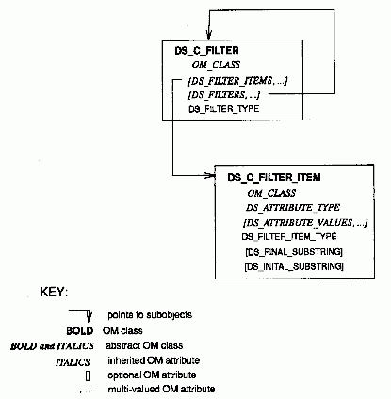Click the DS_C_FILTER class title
coord(206,51)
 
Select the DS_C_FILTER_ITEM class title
coord(274,177)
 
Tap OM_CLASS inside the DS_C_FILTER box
coord(216,65)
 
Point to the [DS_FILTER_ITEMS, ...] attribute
coord(237,81)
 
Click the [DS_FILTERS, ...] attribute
coord(224,95)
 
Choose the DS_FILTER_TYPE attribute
coord(224,109)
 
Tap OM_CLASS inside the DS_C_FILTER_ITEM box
coord(271,193)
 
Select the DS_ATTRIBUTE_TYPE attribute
coord(293,208)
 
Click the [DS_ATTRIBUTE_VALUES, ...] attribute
coord(305,223)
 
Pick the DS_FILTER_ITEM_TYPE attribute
coord(289,236)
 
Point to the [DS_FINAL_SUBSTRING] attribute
coord(294,252)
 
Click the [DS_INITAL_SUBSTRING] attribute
coord(294,266)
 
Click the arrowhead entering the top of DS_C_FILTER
coord(209,35)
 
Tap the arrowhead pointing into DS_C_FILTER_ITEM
coord(210,175)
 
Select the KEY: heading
coord(54,292)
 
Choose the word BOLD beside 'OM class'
coord(80,331)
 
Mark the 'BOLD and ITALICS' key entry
coord(52,346)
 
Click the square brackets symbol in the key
coord(88,375)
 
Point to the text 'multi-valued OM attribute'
coord(161,390)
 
